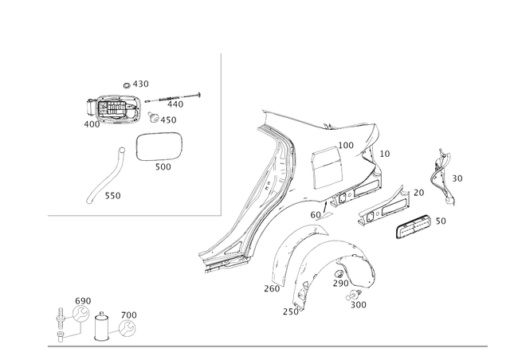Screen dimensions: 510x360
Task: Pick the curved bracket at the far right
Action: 439,172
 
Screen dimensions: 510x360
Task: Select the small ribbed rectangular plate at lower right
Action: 415,227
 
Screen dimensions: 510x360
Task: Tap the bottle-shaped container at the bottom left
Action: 101,327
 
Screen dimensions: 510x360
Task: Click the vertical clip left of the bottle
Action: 61,323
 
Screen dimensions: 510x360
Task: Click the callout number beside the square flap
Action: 346,143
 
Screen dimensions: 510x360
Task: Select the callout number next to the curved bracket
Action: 457,180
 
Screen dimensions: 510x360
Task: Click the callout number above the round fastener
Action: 131,312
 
